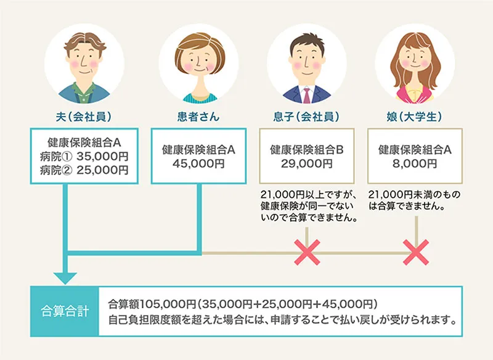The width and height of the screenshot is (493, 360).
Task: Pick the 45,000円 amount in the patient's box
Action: [x=198, y=163]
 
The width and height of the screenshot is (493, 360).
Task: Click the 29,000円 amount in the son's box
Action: [x=306, y=163]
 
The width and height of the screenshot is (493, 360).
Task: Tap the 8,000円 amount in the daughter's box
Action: [x=414, y=163]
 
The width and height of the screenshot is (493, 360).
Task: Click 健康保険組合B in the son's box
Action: [x=306, y=149]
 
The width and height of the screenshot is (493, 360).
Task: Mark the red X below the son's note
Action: [x=306, y=252]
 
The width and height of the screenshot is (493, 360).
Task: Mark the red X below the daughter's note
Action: [x=415, y=252]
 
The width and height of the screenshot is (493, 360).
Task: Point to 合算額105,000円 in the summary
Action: [x=151, y=304]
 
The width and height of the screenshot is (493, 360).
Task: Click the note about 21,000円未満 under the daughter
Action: [x=414, y=200]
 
